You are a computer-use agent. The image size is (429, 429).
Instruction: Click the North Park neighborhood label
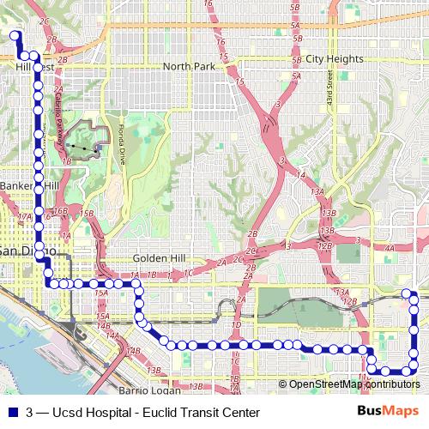(188, 67)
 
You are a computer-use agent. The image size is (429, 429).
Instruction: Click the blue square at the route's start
(14, 35)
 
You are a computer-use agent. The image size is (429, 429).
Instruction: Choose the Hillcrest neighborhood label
(35, 66)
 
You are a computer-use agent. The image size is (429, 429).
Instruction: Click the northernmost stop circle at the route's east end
(408, 294)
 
